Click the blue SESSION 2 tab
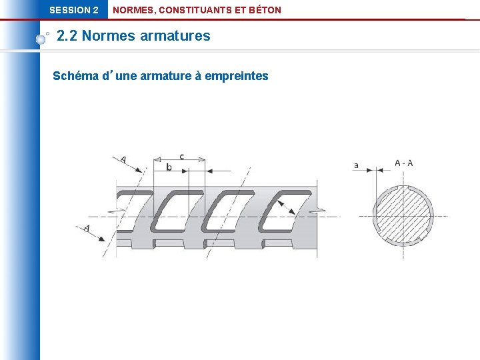point(74,10)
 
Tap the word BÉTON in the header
point(264,10)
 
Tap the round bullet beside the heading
point(41,39)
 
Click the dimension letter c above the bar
point(181,156)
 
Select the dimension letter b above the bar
point(169,167)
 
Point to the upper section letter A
point(123,159)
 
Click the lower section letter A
point(87,228)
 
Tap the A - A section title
point(403,163)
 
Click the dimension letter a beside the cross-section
point(356,165)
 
